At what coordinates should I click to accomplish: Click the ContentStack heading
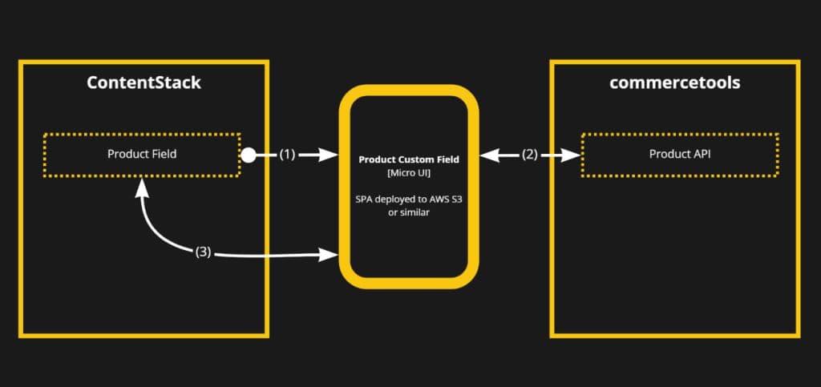pyautogui.click(x=144, y=83)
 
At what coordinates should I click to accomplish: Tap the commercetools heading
pyautogui.click(x=674, y=83)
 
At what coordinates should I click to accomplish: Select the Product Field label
pyautogui.click(x=141, y=154)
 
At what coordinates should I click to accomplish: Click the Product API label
pyautogui.click(x=680, y=154)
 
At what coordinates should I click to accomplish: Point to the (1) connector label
pyautogui.click(x=287, y=155)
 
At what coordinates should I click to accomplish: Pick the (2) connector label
pyautogui.click(x=530, y=155)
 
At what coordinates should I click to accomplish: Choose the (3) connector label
pyautogui.click(x=203, y=252)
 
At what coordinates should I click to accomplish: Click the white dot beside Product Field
pyautogui.click(x=249, y=155)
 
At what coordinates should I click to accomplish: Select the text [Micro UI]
pyautogui.click(x=409, y=173)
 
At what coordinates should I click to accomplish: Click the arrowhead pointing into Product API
pyautogui.click(x=572, y=155)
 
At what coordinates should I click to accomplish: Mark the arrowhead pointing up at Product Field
pyautogui.click(x=142, y=186)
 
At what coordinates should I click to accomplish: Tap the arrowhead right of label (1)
pyautogui.click(x=330, y=155)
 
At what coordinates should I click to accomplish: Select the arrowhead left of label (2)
pyautogui.click(x=488, y=155)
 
